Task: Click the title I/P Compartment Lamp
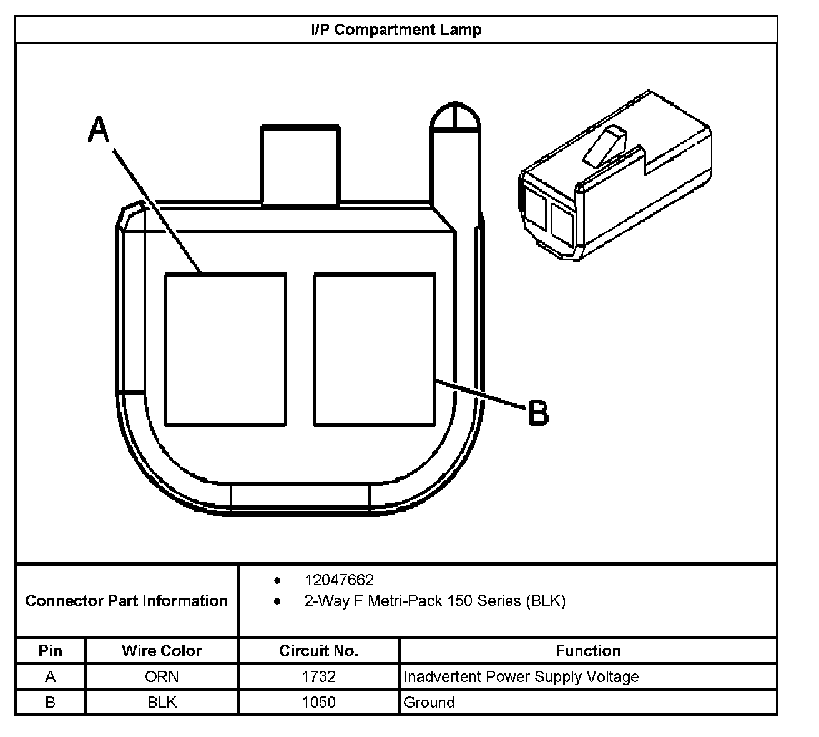point(396,30)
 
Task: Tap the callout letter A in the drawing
point(99,129)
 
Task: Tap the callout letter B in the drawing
point(538,413)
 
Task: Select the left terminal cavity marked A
point(225,350)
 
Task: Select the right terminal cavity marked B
point(375,350)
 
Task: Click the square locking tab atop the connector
point(300,166)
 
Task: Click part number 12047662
point(339,580)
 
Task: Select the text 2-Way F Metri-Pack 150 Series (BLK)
point(434,601)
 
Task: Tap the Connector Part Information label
point(127,601)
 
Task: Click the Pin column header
point(51,651)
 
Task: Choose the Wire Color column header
point(162,651)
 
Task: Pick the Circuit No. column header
point(318,651)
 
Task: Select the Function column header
point(588,651)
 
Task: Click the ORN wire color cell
point(162,676)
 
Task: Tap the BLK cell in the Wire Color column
point(162,702)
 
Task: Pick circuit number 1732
point(318,676)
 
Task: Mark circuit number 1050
point(318,702)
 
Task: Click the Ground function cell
point(429,702)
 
